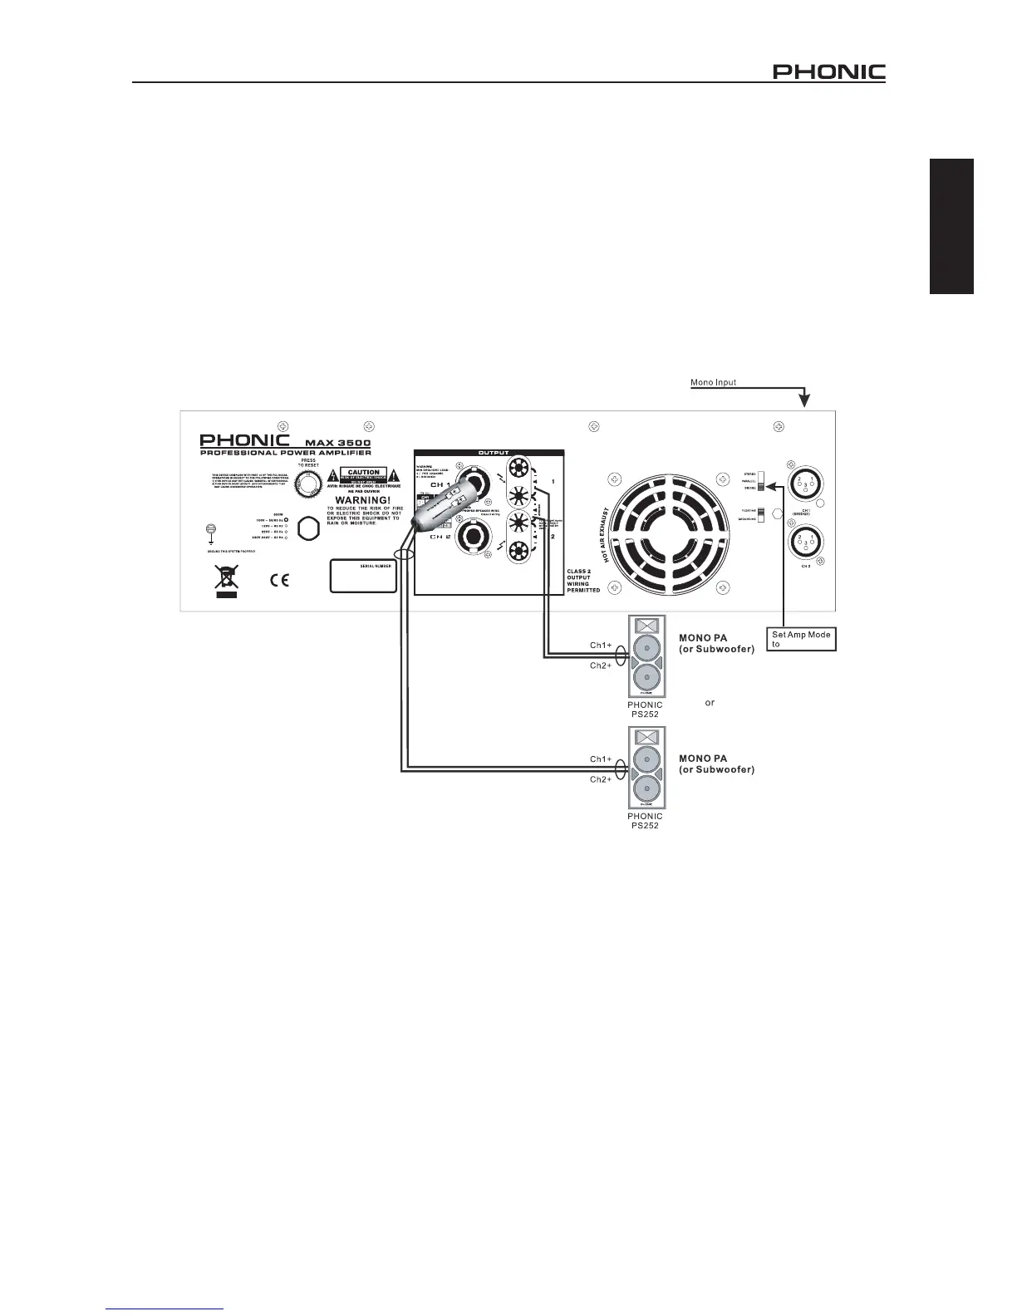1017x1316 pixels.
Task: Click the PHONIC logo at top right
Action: tap(828, 72)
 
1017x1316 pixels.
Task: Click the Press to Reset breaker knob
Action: tap(308, 484)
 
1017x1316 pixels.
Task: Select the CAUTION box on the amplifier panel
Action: tap(363, 476)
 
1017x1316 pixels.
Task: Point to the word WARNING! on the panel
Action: tap(362, 500)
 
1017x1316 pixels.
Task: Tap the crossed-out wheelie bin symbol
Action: tap(226, 579)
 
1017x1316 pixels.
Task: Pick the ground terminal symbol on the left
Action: tap(211, 531)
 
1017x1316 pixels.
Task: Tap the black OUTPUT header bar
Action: tap(489, 453)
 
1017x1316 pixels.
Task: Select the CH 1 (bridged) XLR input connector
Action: tap(804, 489)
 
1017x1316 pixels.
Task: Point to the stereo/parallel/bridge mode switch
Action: tap(759, 483)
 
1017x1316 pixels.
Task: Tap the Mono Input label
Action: tap(713, 383)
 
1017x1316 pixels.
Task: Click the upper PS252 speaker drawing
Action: tap(646, 657)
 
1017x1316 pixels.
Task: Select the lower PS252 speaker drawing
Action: tap(646, 769)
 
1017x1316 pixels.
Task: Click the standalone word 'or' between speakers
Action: tap(710, 703)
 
